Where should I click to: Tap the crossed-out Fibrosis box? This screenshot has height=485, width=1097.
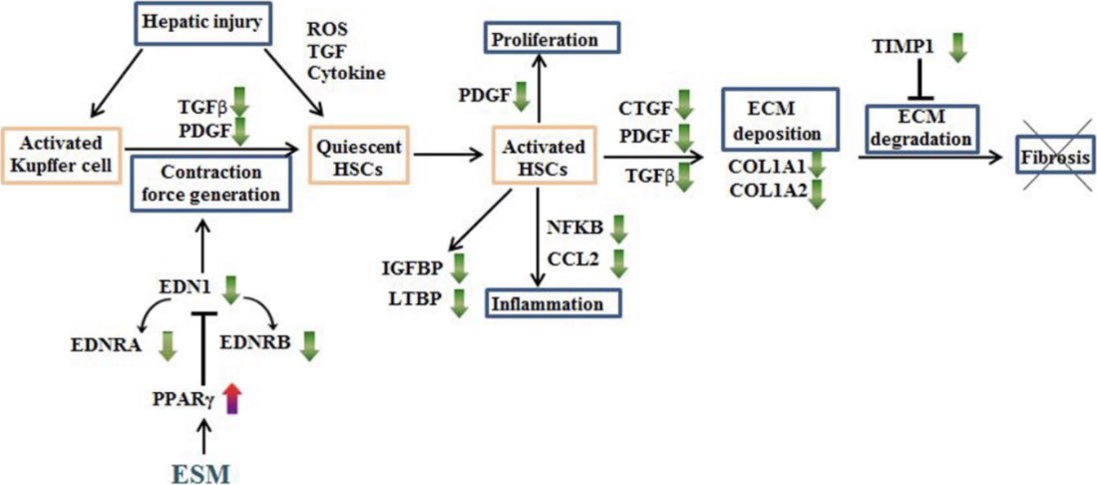[x=1052, y=158]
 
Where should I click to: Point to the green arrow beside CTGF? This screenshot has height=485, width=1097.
[x=683, y=103]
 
